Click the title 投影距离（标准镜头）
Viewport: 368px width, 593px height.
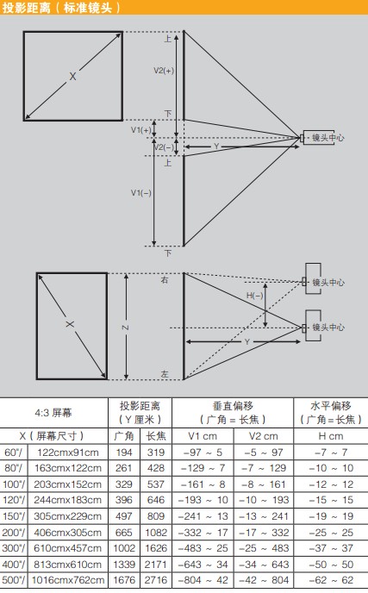61,8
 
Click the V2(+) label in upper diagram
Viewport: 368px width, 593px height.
164,71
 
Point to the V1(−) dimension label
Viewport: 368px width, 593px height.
141,193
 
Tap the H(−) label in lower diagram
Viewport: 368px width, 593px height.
254,296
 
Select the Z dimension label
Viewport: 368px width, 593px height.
126,328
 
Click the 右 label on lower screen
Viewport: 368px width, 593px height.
165,280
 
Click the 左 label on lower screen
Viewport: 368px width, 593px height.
165,374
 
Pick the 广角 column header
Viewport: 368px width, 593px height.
124,436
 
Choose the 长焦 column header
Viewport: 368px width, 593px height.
156,436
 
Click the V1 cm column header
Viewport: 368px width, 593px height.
203,436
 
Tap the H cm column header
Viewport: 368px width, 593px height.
331,436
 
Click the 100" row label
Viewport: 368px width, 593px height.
14,484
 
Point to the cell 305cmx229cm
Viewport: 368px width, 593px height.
68,516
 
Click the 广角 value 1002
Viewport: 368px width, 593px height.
124,548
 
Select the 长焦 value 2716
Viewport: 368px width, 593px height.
156,580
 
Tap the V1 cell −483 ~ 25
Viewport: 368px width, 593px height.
203,548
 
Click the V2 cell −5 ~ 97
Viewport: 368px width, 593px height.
264,453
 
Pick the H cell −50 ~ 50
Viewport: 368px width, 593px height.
331,565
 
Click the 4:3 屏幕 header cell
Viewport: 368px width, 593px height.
53,413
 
